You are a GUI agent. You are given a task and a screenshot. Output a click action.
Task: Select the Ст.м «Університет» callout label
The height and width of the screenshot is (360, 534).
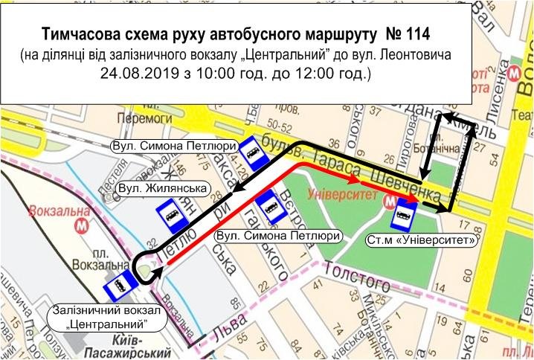421,240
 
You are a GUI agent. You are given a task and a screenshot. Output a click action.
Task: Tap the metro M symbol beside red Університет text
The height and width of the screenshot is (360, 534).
388,202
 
